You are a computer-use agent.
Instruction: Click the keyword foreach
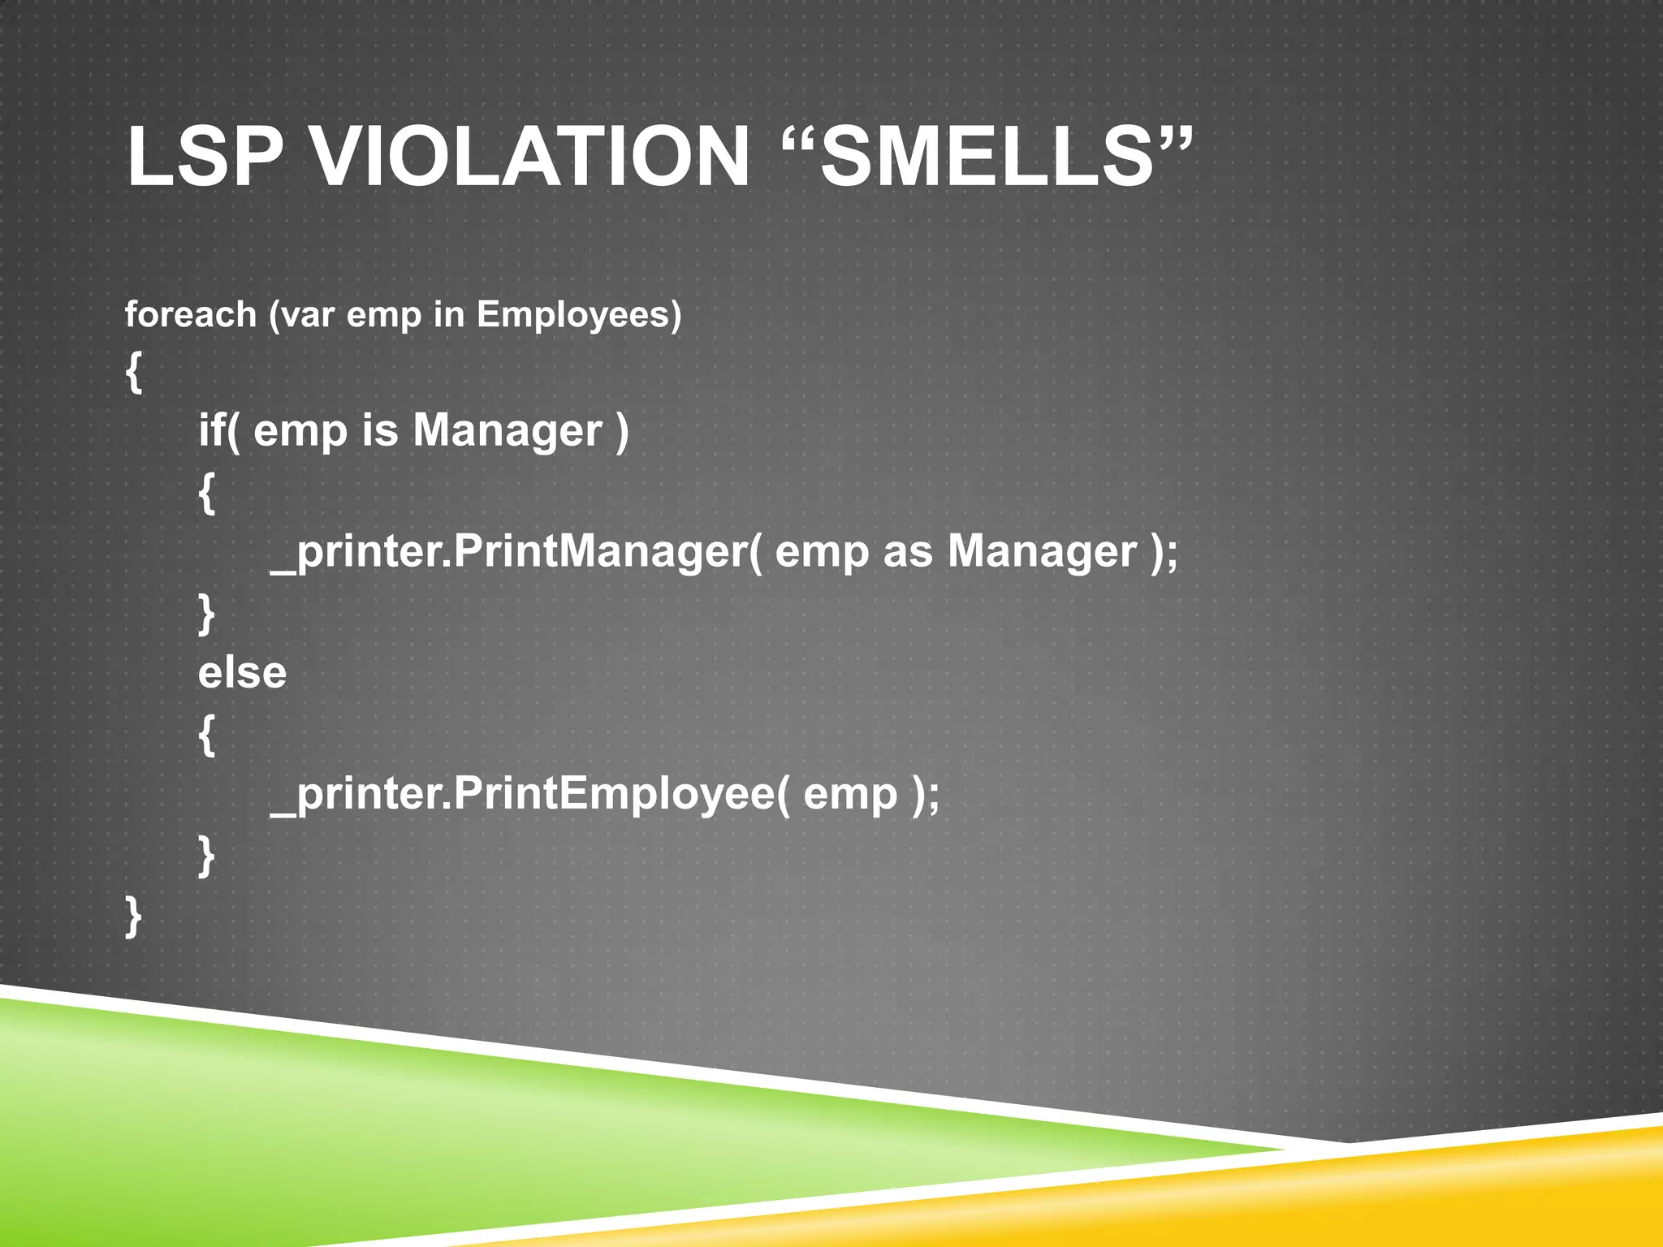190,315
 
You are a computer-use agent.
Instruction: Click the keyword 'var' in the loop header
308,315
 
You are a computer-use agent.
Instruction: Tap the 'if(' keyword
219,429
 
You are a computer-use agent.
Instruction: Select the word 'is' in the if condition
380,429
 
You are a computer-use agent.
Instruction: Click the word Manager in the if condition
508,429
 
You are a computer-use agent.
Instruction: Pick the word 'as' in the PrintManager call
907,552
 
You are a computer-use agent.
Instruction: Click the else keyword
242,673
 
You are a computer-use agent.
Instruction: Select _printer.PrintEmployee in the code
523,794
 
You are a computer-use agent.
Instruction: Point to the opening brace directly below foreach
134,373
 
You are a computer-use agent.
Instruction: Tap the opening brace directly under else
207,736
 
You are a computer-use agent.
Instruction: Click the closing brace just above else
207,614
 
